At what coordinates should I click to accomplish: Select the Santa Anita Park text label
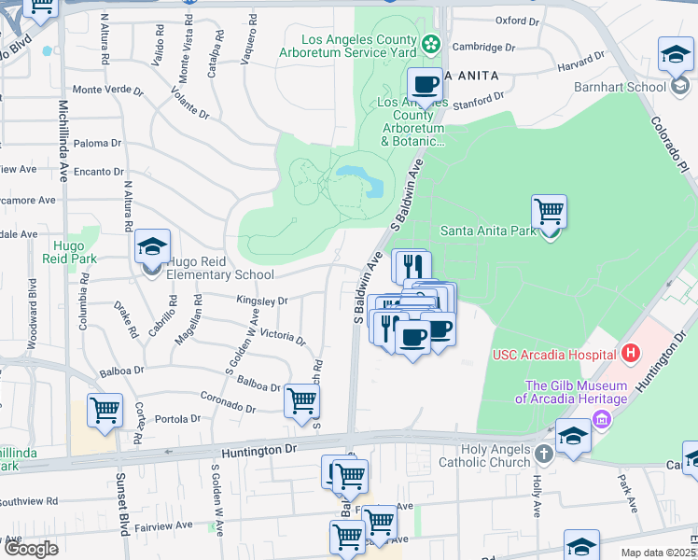(488, 231)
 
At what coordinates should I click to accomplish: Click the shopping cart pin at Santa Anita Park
(549, 213)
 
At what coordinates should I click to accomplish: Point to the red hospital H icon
(632, 354)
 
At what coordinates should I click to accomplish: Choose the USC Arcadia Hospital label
(554, 355)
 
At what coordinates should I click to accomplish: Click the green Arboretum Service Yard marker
(430, 42)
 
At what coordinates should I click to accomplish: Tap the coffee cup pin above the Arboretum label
(426, 85)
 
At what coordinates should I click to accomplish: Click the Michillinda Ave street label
(63, 140)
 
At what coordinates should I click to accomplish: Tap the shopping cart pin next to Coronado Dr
(301, 401)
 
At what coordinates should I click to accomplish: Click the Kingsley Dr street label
(262, 301)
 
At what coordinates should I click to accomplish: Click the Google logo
(30, 549)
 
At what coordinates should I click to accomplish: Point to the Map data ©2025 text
(658, 553)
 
